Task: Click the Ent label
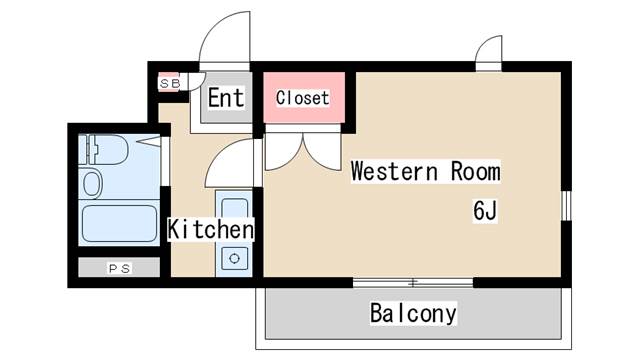[226, 98]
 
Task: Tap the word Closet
[302, 98]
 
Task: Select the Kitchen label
[211, 229]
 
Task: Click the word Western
[394, 171]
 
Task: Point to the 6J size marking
[485, 211]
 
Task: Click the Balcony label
[413, 313]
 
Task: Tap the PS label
[119, 269]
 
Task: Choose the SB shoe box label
[170, 84]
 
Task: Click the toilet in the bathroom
[104, 150]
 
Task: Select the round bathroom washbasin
[92, 184]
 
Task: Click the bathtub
[119, 224]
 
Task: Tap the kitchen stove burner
[234, 258]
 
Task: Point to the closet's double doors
[303, 150]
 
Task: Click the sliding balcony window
[413, 282]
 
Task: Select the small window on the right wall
[566, 206]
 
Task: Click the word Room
[476, 171]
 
